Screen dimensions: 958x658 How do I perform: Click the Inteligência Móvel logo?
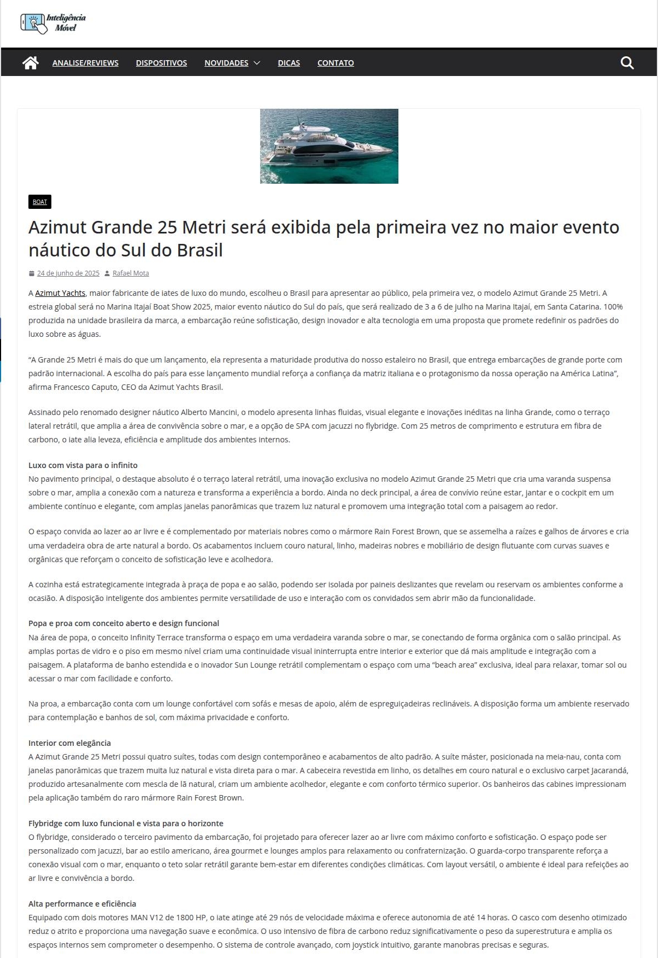pos(53,23)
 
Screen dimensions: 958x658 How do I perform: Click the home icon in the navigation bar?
pos(31,63)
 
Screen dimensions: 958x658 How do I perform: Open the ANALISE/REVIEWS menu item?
pos(85,63)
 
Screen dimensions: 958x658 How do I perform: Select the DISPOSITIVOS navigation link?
pos(161,63)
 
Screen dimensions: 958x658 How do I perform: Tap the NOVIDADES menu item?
pos(226,63)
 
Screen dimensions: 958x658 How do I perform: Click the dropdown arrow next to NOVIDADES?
pos(257,63)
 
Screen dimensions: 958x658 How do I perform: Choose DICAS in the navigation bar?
pos(289,63)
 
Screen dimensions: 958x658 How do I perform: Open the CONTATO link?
pos(336,63)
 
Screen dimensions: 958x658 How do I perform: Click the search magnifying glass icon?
pos(627,63)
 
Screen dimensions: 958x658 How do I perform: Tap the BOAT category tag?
pos(40,202)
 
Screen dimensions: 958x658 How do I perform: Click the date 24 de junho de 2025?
pos(68,273)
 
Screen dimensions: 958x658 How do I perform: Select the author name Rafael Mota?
pos(131,273)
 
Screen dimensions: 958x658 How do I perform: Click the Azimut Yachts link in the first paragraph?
pos(60,293)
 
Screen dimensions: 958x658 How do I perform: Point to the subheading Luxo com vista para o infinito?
pos(83,465)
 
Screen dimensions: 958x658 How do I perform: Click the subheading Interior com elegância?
pos(69,743)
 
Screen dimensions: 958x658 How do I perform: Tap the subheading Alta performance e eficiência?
pos(82,904)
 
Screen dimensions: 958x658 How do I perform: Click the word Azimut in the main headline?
pos(57,227)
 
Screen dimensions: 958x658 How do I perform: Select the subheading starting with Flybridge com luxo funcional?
pos(126,823)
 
